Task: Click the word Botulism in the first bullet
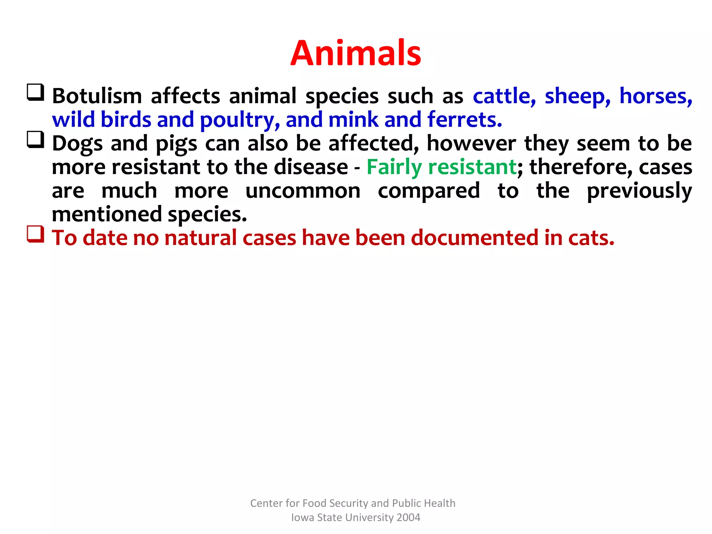97,96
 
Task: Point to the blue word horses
656,96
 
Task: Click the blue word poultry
240,120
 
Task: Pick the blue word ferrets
464,120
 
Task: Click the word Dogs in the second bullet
77,144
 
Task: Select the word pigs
176,144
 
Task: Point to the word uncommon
303,191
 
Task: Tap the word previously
639,191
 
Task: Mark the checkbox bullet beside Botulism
35,92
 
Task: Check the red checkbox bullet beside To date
35,234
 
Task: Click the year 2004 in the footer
408,518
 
